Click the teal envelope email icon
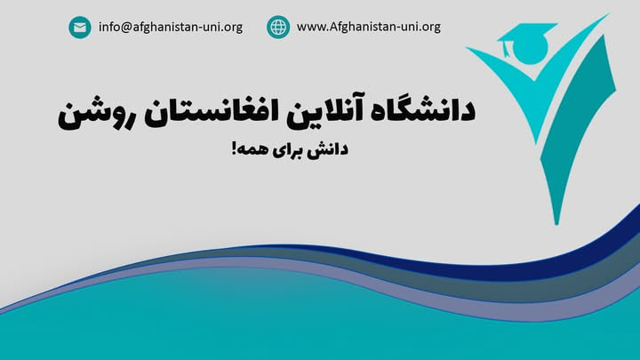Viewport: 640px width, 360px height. [80, 28]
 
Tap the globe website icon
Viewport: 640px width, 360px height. [278, 27]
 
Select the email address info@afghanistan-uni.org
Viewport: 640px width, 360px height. [171, 28]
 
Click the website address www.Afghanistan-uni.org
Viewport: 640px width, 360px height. [369, 27]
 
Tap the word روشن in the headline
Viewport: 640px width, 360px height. [95, 114]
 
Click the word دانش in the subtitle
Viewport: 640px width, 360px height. [329, 149]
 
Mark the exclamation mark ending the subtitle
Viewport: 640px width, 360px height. [235, 148]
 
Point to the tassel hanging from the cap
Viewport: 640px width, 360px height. [506, 49]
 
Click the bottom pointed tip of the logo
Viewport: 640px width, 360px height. [556, 224]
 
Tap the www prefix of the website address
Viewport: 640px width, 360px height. [310, 28]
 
